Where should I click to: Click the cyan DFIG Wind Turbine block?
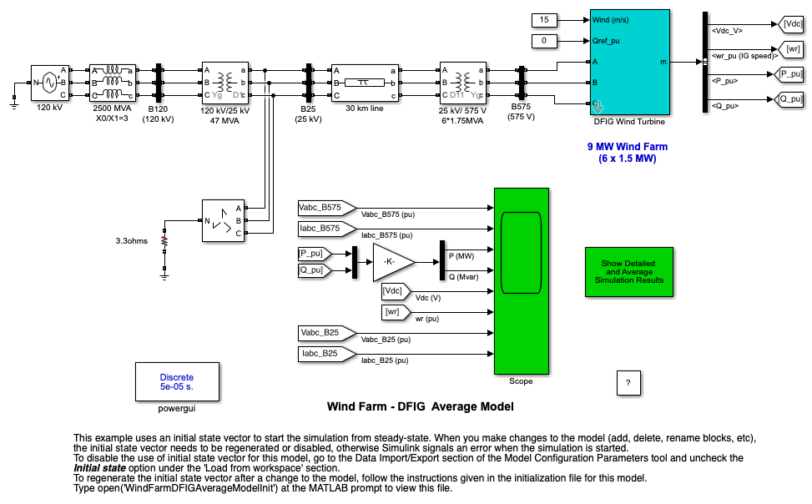[630, 63]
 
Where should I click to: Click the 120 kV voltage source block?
[48, 83]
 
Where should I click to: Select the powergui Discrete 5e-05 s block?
[177, 382]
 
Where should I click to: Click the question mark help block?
[628, 382]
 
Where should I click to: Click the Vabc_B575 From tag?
[325, 207]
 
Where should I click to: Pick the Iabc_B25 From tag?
[325, 354]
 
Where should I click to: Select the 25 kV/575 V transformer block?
[464, 83]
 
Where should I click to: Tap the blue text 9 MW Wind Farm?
[628, 146]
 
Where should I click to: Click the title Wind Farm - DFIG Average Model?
[420, 407]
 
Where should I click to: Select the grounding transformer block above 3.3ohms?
[225, 220]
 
